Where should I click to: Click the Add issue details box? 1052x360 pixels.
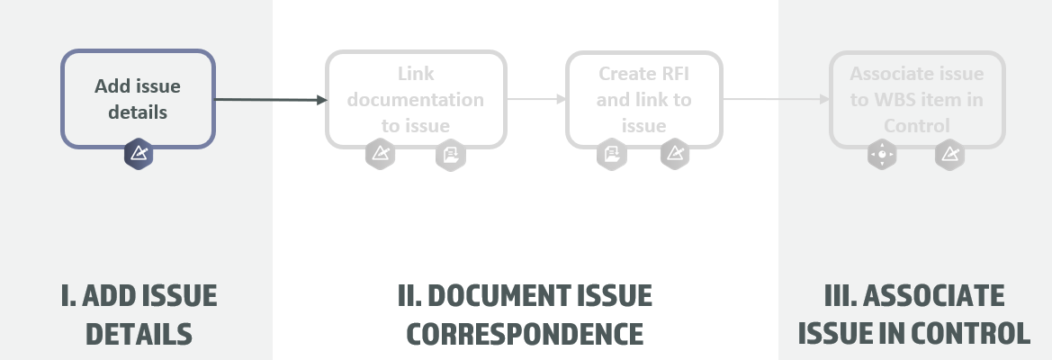click(138, 99)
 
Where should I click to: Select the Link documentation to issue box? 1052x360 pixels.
click(415, 99)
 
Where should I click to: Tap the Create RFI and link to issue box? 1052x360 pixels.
click(643, 99)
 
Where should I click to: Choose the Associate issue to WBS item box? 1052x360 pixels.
click(917, 99)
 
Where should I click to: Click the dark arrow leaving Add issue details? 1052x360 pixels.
click(270, 100)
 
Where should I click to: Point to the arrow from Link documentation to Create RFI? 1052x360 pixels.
click(535, 100)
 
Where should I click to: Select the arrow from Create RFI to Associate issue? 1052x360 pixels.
click(776, 100)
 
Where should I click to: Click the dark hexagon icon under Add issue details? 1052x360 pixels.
click(139, 154)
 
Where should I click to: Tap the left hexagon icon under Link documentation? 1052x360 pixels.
click(380, 155)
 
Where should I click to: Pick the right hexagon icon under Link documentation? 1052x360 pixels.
click(451, 155)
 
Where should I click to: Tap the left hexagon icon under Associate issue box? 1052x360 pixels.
click(882, 155)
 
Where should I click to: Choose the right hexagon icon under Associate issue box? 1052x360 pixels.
click(949, 155)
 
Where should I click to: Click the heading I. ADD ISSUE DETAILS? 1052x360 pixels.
click(139, 315)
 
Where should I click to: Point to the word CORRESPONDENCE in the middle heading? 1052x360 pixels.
click(525, 334)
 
